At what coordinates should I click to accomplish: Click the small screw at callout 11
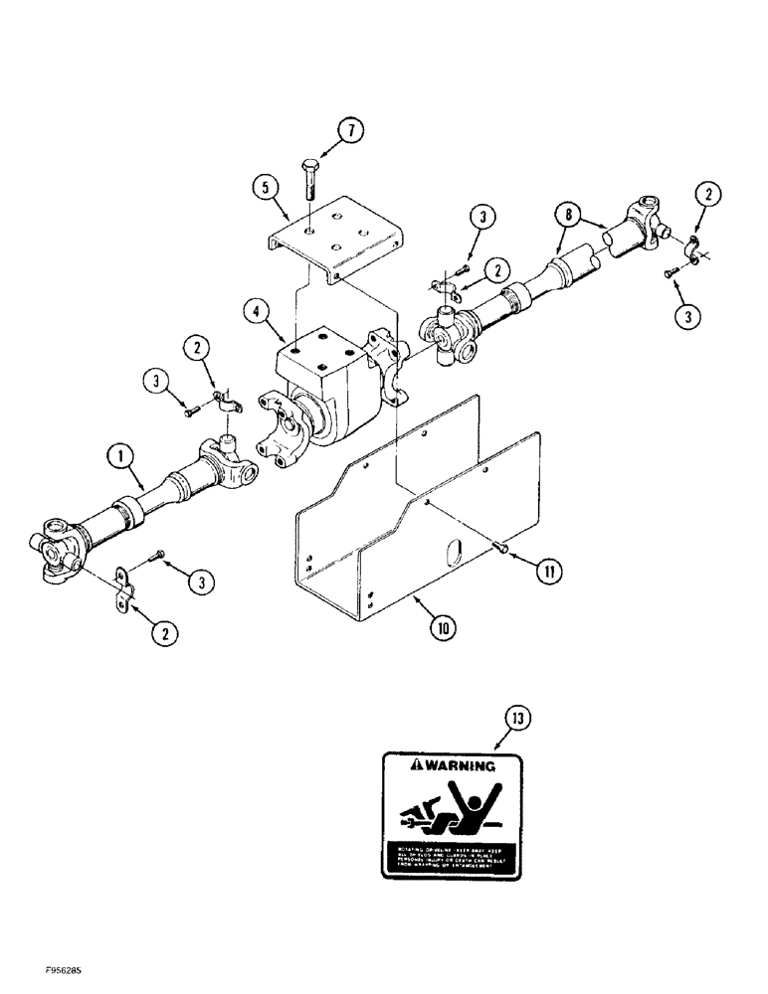(502, 546)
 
